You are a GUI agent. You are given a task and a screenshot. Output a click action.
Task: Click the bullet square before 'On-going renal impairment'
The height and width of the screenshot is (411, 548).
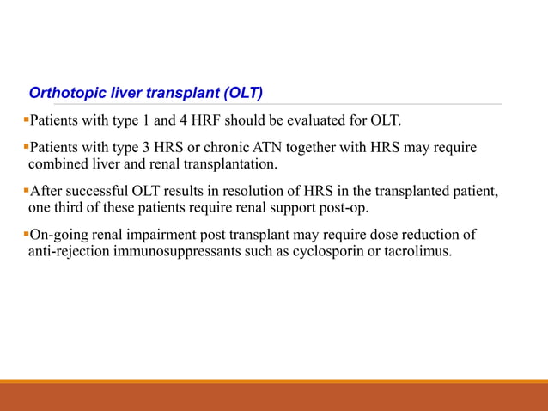(25, 234)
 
